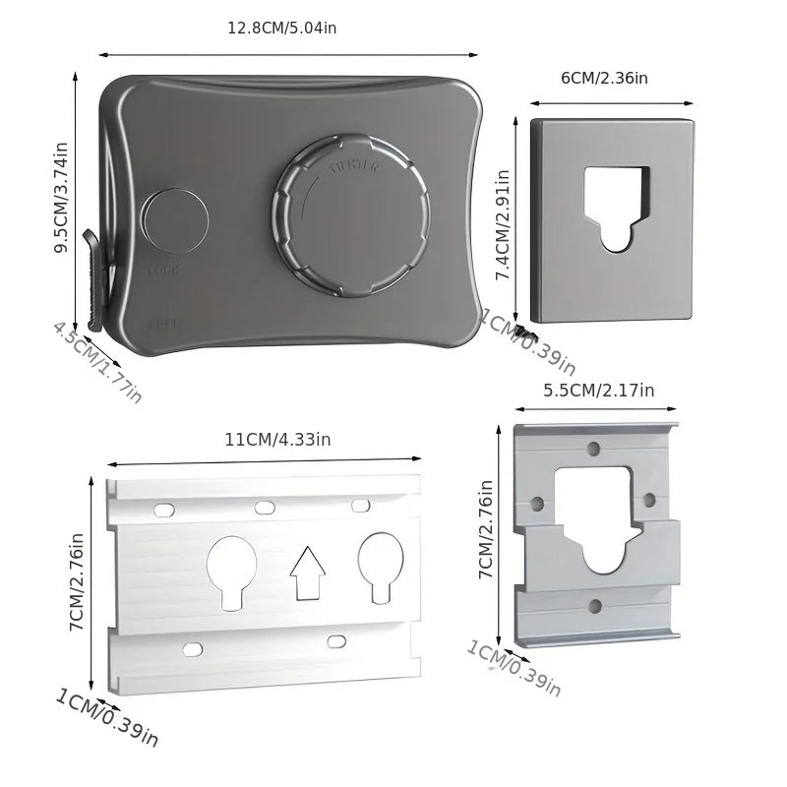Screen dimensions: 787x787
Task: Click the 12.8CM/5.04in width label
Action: click(x=281, y=28)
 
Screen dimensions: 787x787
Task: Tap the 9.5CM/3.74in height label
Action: click(x=61, y=198)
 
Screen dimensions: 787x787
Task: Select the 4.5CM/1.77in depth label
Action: click(x=97, y=361)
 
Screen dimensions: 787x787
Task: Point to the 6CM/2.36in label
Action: click(x=603, y=79)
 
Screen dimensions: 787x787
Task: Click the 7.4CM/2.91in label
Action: click(x=503, y=226)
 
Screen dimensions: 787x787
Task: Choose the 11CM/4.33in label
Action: click(x=277, y=440)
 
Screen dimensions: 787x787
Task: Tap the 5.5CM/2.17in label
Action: click(x=598, y=391)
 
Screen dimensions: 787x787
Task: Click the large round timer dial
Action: click(x=352, y=216)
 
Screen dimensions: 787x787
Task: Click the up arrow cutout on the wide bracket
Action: click(x=308, y=574)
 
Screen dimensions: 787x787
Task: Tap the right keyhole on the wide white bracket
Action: click(x=380, y=568)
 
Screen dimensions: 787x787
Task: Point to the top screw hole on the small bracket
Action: click(x=593, y=449)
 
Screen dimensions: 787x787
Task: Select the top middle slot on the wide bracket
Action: click(x=265, y=508)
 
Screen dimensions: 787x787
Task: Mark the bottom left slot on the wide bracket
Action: click(x=193, y=649)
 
